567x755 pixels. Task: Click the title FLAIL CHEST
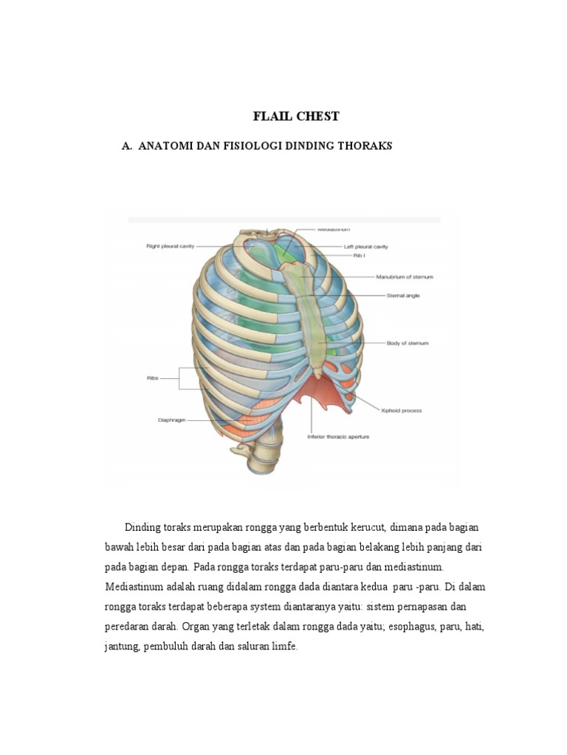(x=296, y=116)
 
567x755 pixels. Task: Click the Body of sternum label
(x=408, y=343)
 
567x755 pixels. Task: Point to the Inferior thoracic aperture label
(x=338, y=436)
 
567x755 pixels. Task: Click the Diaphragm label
(x=171, y=420)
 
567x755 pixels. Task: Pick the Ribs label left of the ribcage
(x=153, y=378)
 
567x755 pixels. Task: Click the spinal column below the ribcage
(x=255, y=461)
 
